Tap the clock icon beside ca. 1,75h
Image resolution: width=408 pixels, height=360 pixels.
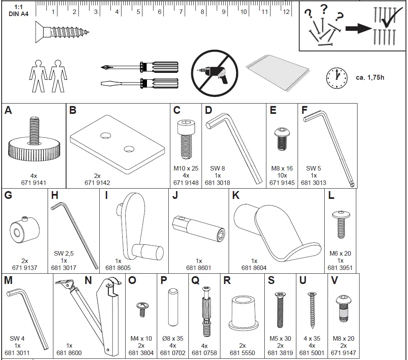tap(337, 77)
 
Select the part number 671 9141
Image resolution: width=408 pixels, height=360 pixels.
tap(34, 183)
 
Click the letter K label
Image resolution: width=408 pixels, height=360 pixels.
tap(236, 196)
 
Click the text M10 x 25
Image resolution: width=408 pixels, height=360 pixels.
tap(186, 168)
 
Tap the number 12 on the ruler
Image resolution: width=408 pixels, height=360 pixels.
tap(286, 12)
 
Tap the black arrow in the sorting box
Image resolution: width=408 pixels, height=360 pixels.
tap(358, 29)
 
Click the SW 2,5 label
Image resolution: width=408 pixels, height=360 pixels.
tap(64, 254)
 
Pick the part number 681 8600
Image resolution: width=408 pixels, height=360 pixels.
tap(69, 353)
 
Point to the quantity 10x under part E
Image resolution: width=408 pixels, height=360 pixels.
tap(282, 175)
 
